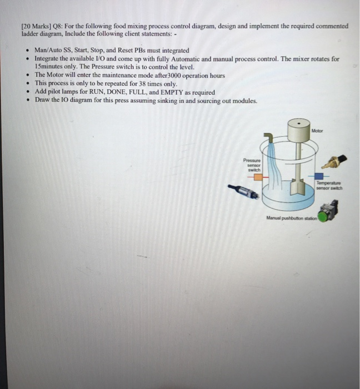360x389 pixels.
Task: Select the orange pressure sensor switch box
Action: pyautogui.click(x=257, y=177)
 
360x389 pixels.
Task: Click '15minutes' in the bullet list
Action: pyautogui.click(x=51, y=66)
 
